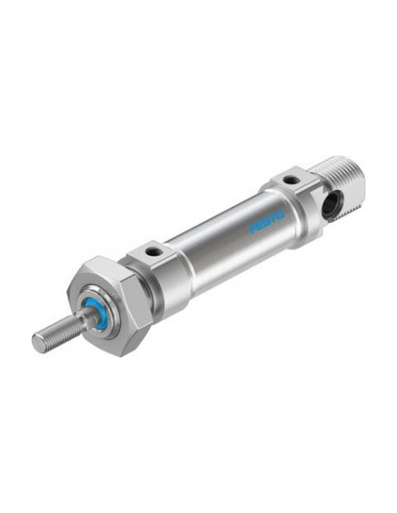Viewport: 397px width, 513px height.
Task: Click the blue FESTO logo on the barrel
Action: (x=267, y=222)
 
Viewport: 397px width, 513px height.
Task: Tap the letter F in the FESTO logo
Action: (x=252, y=228)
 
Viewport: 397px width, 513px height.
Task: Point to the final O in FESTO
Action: (x=281, y=215)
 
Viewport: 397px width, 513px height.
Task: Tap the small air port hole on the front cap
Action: (x=151, y=251)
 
